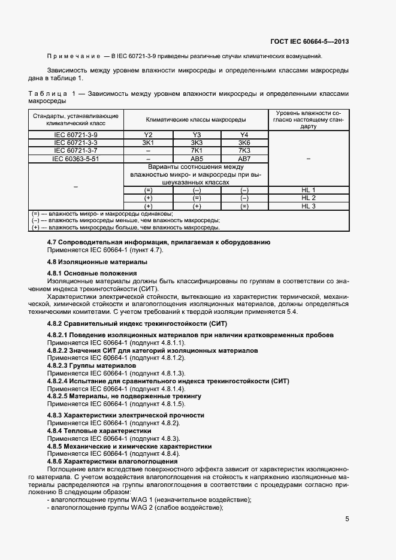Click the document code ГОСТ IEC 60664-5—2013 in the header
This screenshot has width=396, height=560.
(310, 41)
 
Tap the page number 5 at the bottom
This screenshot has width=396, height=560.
(347, 519)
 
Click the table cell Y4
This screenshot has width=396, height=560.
(244, 135)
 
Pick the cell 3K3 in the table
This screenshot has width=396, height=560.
(197, 143)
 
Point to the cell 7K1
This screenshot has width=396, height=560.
(197, 150)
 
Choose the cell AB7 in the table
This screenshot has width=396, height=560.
(244, 159)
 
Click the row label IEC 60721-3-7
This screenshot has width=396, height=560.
(75, 150)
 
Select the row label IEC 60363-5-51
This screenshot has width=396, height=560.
(75, 159)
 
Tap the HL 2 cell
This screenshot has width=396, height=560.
(309, 198)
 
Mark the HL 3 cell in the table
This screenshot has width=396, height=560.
(309, 205)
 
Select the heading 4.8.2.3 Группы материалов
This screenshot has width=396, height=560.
(92, 365)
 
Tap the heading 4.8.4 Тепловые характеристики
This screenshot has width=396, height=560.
(99, 431)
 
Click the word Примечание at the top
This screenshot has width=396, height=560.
(73, 56)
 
